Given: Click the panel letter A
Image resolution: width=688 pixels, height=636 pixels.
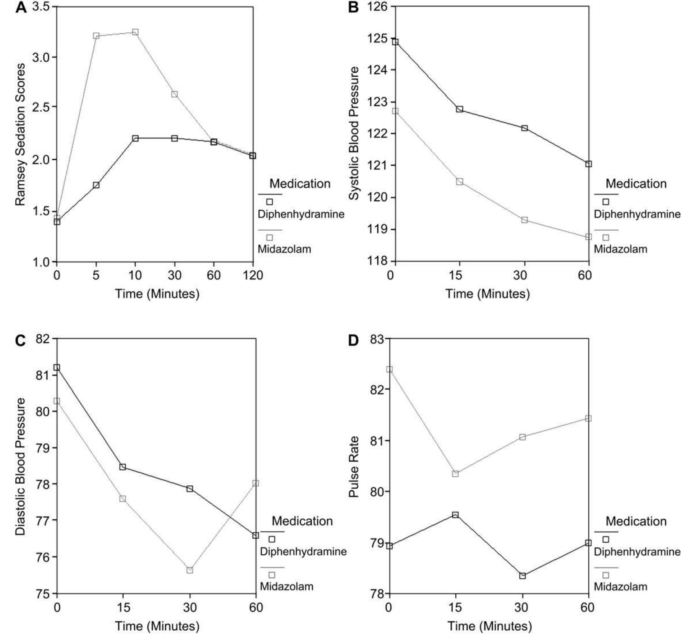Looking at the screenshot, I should pos(21,7).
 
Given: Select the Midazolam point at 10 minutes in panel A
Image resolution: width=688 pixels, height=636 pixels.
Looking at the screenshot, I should pos(135,32).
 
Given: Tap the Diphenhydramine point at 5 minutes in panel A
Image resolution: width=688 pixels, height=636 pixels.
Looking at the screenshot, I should pos(96,185).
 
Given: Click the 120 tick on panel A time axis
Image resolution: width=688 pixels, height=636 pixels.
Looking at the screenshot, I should pos(253,275).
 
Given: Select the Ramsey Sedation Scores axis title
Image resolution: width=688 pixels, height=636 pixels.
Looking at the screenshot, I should pos(20,135).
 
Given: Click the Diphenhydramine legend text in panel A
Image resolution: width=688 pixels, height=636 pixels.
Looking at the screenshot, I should pos(301,214).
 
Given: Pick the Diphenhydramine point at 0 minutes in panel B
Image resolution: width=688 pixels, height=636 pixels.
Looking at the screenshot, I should pos(395,42).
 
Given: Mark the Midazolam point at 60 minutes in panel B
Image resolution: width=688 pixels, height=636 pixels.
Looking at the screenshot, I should pos(588,237).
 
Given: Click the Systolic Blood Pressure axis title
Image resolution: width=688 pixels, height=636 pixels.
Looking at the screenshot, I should pos(354,133).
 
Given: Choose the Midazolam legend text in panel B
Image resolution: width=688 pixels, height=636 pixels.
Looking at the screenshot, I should pos(620,249).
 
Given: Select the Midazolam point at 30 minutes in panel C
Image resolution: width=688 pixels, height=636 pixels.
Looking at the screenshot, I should pos(190,570).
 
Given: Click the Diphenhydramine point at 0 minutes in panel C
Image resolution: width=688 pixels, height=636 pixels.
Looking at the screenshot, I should pos(57,368).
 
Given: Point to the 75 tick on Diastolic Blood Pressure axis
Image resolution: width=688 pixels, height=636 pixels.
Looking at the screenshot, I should pos(43,594).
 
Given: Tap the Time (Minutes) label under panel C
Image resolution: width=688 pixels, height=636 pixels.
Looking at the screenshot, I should pos(157,626).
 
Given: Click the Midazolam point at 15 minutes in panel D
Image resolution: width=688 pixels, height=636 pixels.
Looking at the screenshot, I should pos(455,474).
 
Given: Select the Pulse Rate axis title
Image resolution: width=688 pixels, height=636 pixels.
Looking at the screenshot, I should pos(354,467).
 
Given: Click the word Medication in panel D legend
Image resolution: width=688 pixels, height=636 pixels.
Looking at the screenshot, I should pos(636,521).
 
